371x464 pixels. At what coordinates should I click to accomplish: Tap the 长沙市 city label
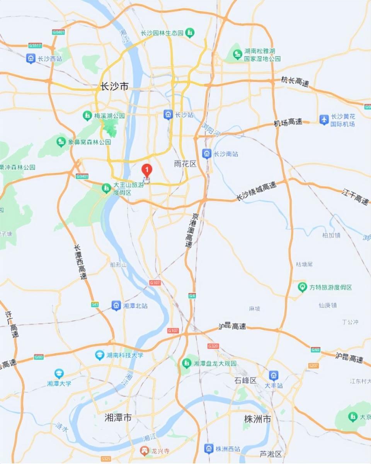(114, 87)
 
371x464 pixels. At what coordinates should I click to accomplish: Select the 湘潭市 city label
(118, 418)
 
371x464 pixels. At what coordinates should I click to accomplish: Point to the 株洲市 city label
(257, 419)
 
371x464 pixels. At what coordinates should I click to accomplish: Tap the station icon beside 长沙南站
(207, 154)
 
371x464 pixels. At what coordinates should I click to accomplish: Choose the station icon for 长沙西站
(31, 59)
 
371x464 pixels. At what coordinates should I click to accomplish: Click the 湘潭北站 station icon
(116, 305)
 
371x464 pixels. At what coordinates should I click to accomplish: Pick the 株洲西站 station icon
(209, 449)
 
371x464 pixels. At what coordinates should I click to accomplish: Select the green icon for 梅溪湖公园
(87, 115)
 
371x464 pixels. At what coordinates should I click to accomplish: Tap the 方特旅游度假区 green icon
(302, 287)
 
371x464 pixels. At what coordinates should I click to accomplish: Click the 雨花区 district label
(185, 164)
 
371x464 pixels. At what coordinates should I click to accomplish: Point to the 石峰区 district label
(245, 380)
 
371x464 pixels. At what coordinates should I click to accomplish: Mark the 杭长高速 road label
(295, 81)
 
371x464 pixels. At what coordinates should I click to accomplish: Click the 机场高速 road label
(288, 122)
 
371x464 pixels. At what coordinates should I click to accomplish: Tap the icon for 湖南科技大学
(100, 355)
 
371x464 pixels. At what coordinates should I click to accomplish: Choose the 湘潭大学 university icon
(59, 373)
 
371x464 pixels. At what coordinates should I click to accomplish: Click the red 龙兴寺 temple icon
(144, 450)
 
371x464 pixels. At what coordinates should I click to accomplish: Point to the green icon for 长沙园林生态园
(189, 33)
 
